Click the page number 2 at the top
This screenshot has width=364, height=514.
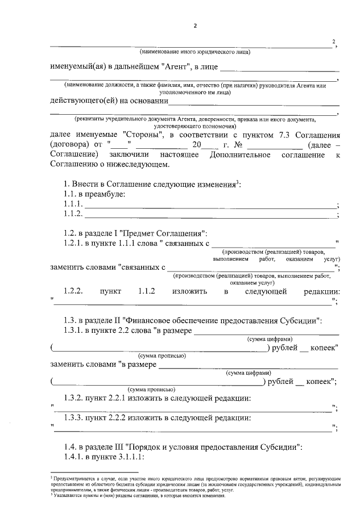click(195, 27)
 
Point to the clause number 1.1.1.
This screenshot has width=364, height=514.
click(73, 204)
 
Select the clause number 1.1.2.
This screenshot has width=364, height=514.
click(73, 214)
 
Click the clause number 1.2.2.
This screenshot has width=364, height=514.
click(74, 291)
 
